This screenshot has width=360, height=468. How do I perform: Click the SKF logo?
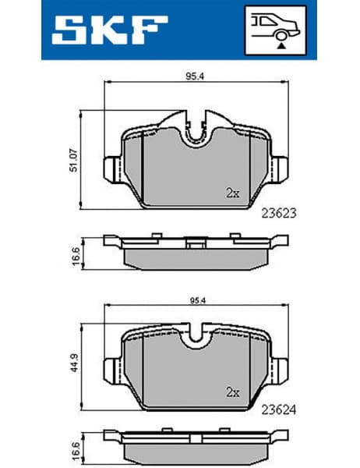tap(108, 30)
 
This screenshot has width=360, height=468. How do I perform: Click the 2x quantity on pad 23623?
tap(231, 192)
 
